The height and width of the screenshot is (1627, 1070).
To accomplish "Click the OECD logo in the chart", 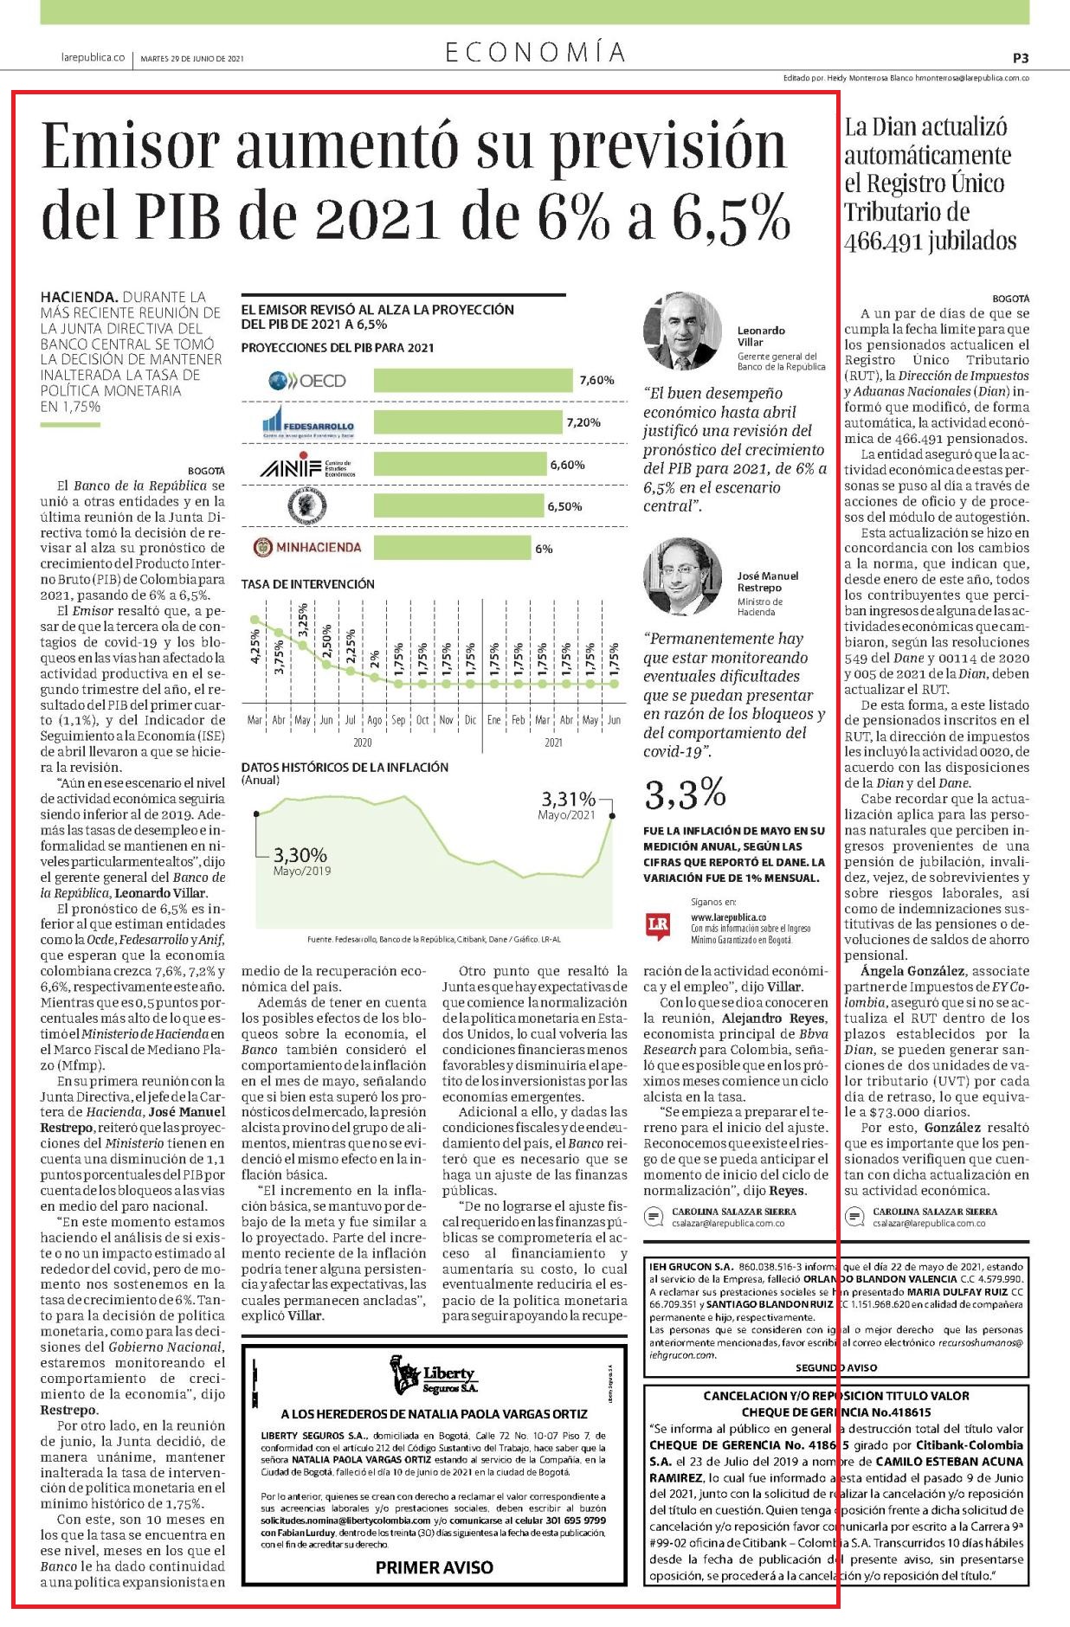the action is (306, 380).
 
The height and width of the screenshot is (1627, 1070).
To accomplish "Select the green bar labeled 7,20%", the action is (467, 422).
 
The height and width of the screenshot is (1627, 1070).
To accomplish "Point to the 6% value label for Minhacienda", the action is (544, 549).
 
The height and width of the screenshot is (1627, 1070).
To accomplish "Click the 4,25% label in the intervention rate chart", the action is (255, 646).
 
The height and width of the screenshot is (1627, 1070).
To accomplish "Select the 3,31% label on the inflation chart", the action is (569, 798).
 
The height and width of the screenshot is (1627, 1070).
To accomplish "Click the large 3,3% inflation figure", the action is (685, 793).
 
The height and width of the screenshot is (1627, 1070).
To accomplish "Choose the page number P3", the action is (1020, 58).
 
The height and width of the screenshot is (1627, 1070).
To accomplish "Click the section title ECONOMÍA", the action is (535, 53).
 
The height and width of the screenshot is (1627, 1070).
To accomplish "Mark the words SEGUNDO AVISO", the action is (836, 1368).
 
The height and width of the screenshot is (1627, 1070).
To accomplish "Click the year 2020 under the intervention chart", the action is (363, 743).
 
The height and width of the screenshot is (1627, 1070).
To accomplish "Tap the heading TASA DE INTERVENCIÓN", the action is (308, 584).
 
